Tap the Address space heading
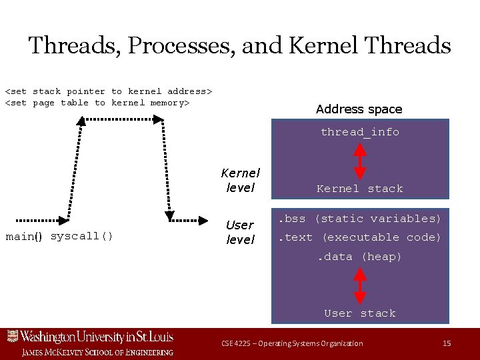point(359,109)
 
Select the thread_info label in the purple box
point(359,132)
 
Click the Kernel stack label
point(359,189)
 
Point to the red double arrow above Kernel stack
point(359,160)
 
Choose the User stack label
point(359,313)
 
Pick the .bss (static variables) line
point(359,219)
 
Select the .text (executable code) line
point(359,237)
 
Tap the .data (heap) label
point(359,257)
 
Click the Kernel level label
point(240,180)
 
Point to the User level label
point(240,231)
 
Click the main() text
point(24,237)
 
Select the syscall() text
point(81,236)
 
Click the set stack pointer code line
point(108,91)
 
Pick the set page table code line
point(97,103)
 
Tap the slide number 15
point(447,343)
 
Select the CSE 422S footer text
point(292,343)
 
